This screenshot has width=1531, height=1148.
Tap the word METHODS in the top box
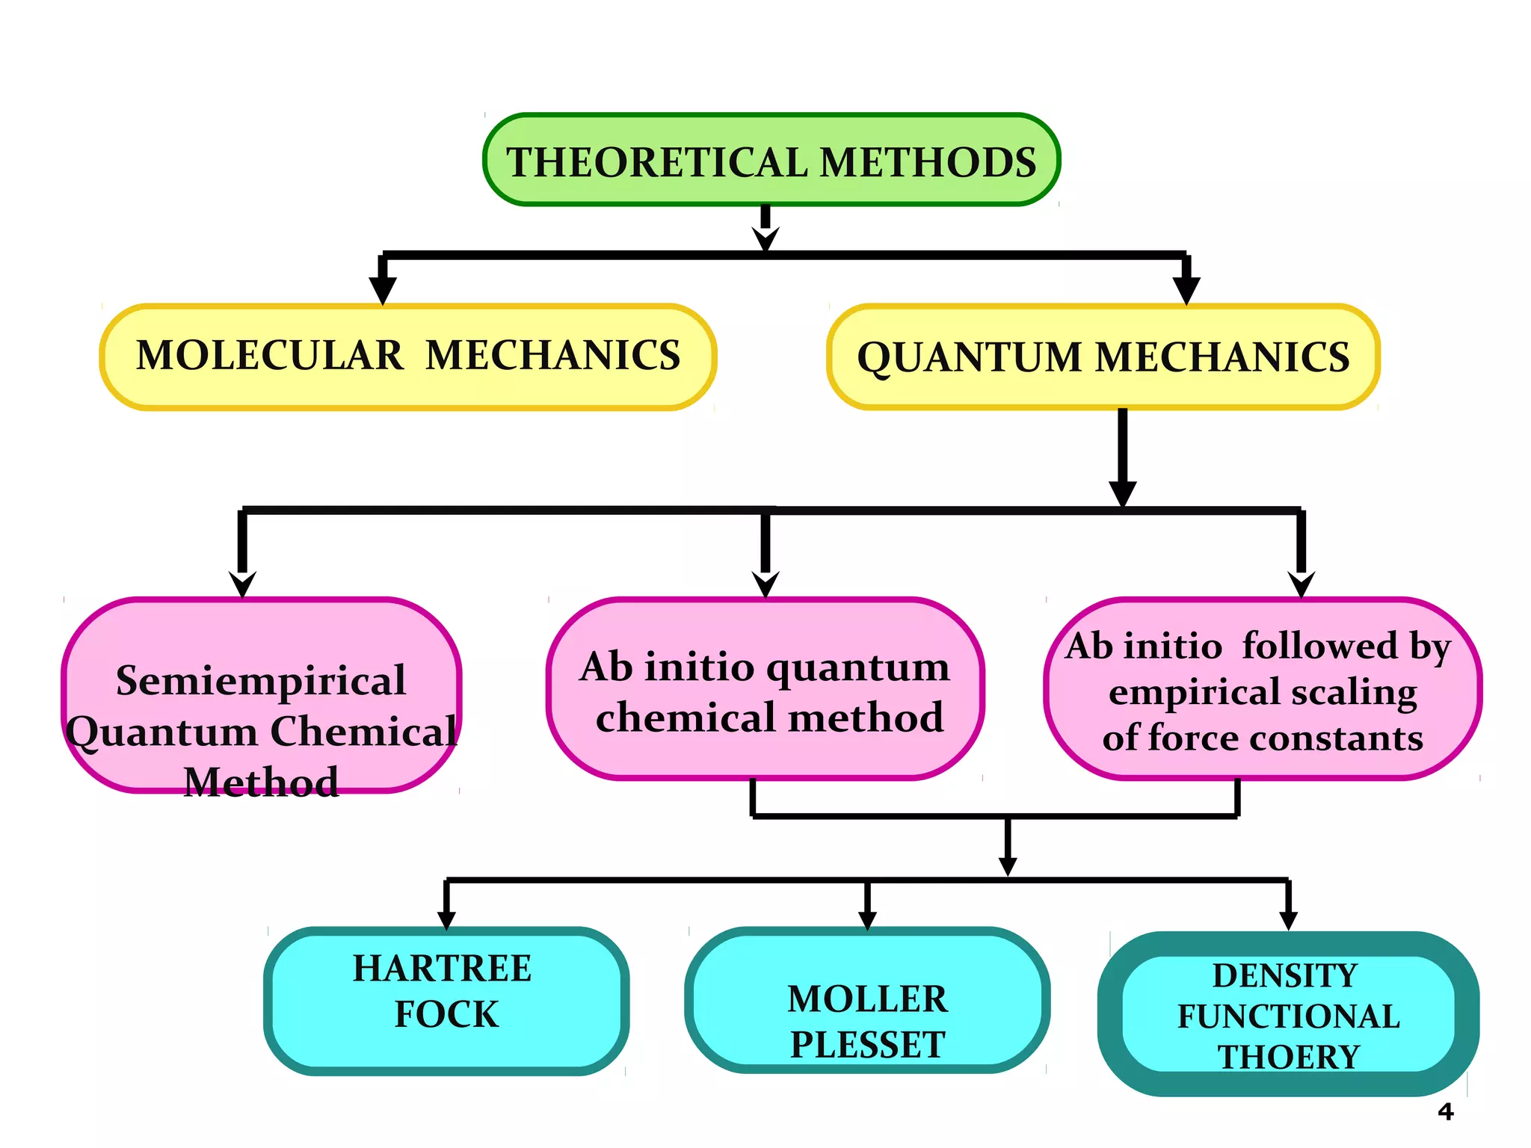(x=928, y=162)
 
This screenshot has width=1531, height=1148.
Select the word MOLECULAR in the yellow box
(x=270, y=355)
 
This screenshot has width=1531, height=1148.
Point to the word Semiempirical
(x=261, y=680)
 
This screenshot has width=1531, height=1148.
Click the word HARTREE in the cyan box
(x=442, y=969)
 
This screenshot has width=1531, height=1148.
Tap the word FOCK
(x=446, y=1014)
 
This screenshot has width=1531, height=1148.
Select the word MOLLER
(x=867, y=999)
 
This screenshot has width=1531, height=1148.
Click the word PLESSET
(x=867, y=1045)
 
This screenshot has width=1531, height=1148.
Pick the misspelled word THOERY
(x=1288, y=1057)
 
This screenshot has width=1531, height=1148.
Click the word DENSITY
(x=1285, y=975)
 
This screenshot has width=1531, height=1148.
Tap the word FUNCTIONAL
(x=1288, y=1016)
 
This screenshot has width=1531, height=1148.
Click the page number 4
(x=1445, y=1112)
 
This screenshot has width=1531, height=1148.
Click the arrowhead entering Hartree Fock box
(x=446, y=919)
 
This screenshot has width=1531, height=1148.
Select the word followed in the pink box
(x=1319, y=646)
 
